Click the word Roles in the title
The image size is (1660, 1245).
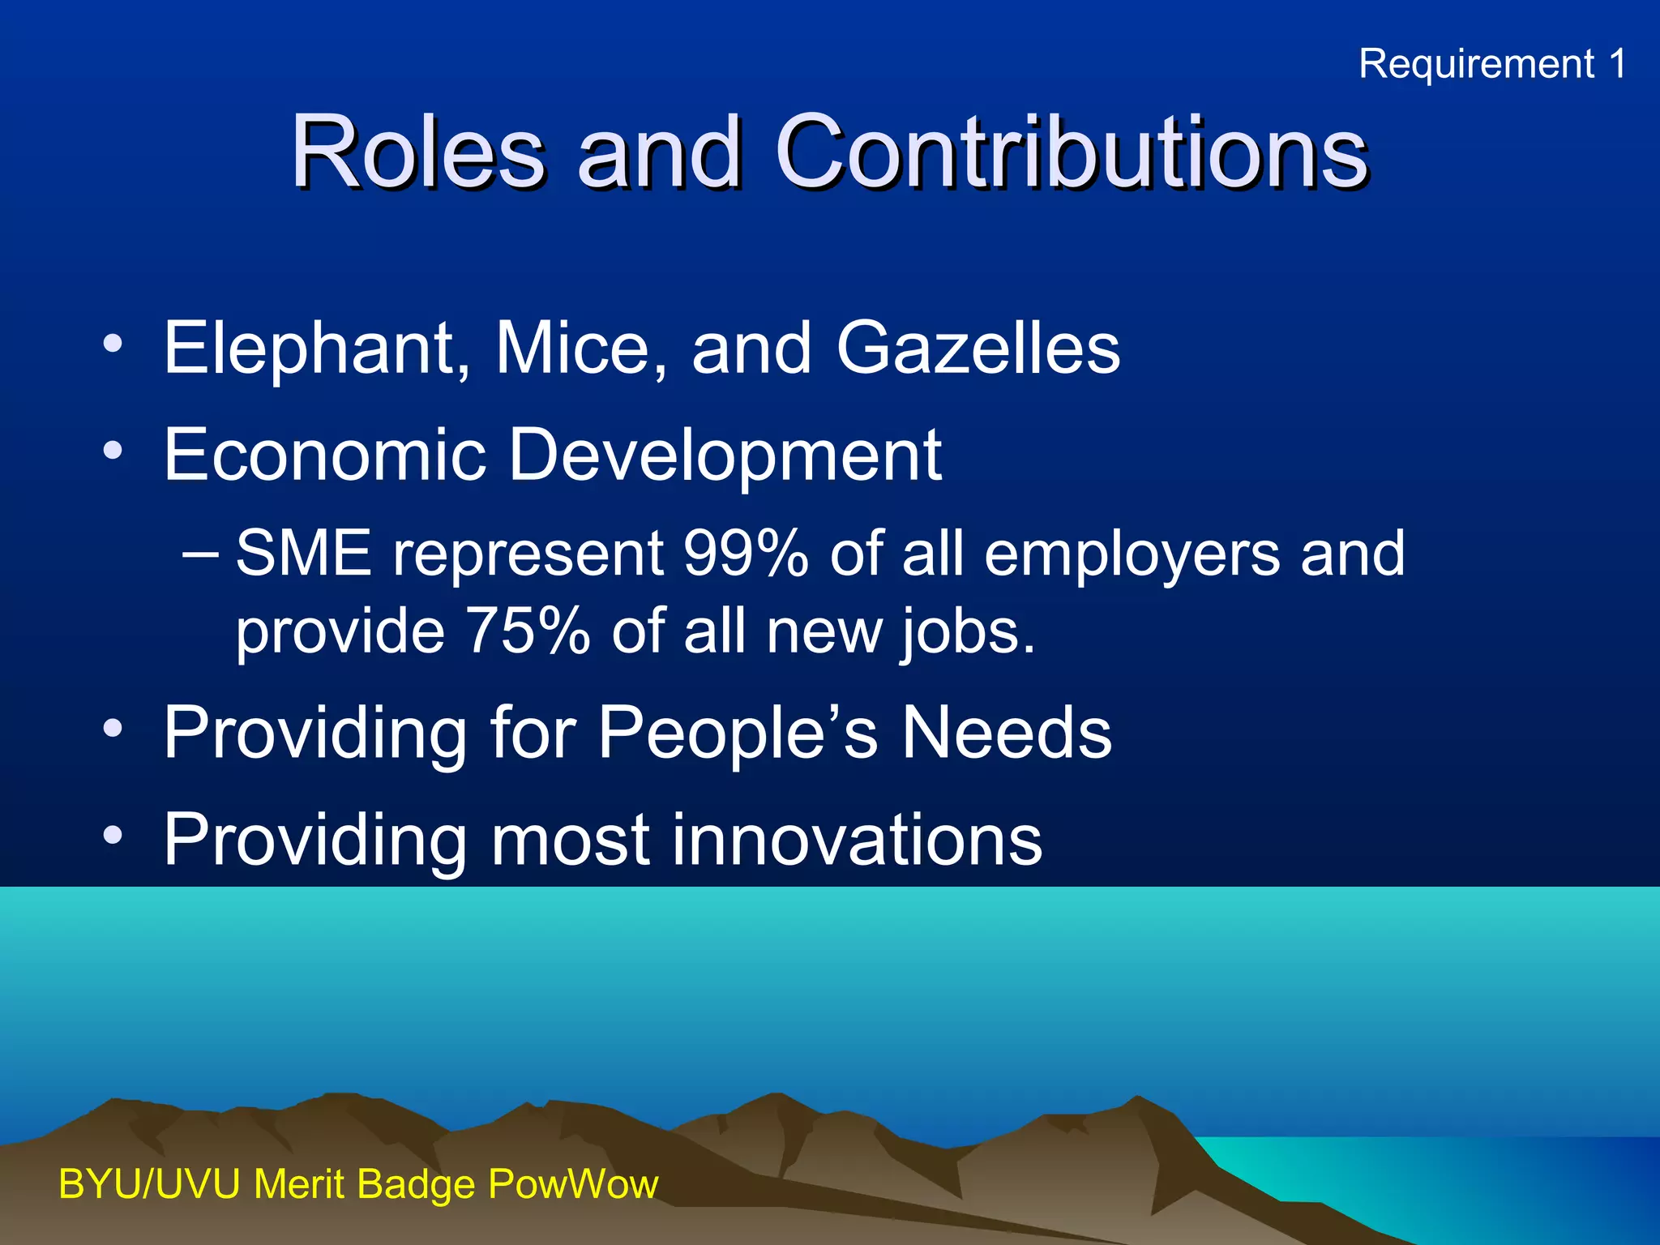418,152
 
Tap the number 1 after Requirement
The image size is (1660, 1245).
1617,64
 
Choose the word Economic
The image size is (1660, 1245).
325,456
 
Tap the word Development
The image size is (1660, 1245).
725,456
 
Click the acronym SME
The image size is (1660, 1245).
304,554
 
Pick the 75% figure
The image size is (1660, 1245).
528,631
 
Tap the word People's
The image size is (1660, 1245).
738,733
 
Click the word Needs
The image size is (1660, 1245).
1007,733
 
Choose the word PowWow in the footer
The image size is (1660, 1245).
573,1184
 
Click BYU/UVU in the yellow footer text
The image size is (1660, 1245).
150,1184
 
